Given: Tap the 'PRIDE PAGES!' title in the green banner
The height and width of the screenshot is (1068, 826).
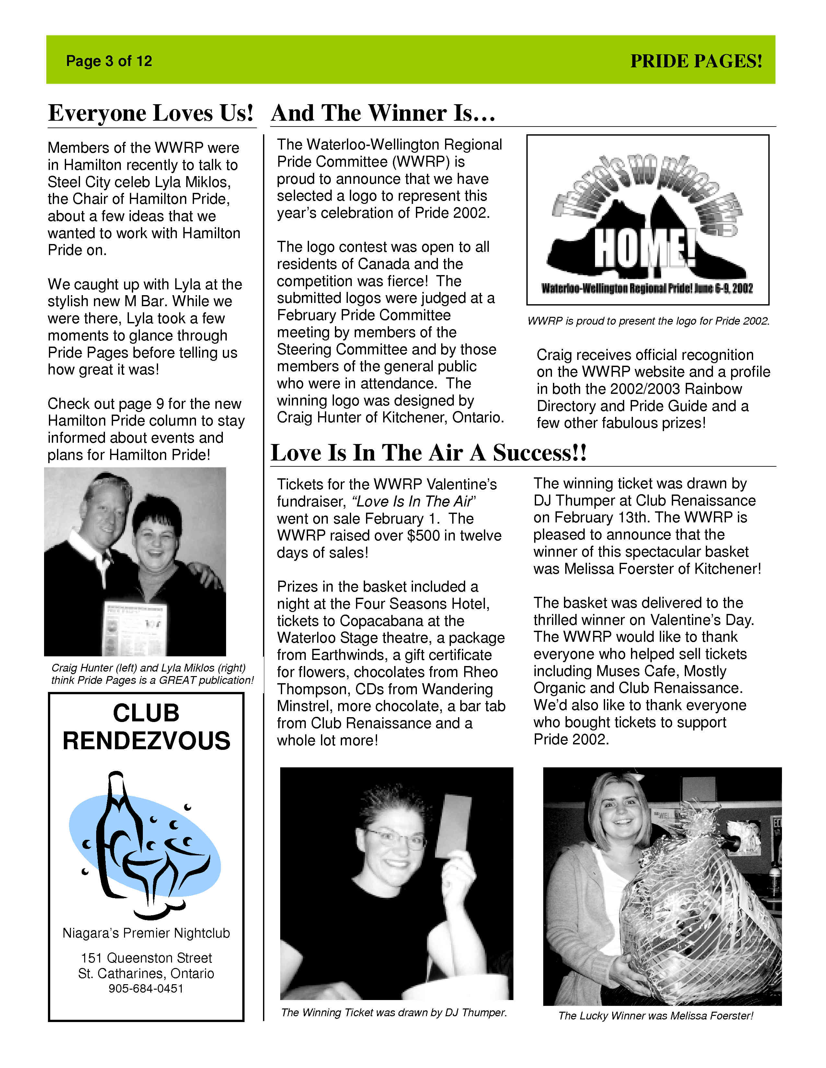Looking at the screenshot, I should coord(696,61).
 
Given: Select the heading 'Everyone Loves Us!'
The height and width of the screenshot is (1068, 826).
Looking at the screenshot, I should coord(151,113).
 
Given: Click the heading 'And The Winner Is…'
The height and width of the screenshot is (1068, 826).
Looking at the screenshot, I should coord(383,113).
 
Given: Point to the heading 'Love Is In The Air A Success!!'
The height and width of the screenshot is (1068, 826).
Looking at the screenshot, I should coord(428,452).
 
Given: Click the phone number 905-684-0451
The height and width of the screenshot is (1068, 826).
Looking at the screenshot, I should coord(146,988).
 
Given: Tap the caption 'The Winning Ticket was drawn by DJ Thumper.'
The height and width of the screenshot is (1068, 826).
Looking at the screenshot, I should coord(394,1012).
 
